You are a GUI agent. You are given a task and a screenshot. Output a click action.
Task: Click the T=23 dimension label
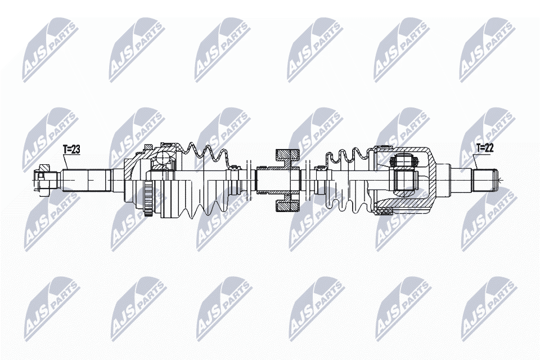point(71,149)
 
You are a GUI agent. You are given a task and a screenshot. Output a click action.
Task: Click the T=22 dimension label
point(485,148)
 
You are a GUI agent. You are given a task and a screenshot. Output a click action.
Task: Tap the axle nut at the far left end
point(43,180)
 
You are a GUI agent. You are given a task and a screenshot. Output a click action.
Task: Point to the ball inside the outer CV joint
point(162,159)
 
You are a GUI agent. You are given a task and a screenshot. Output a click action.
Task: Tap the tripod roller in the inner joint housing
point(404,161)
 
